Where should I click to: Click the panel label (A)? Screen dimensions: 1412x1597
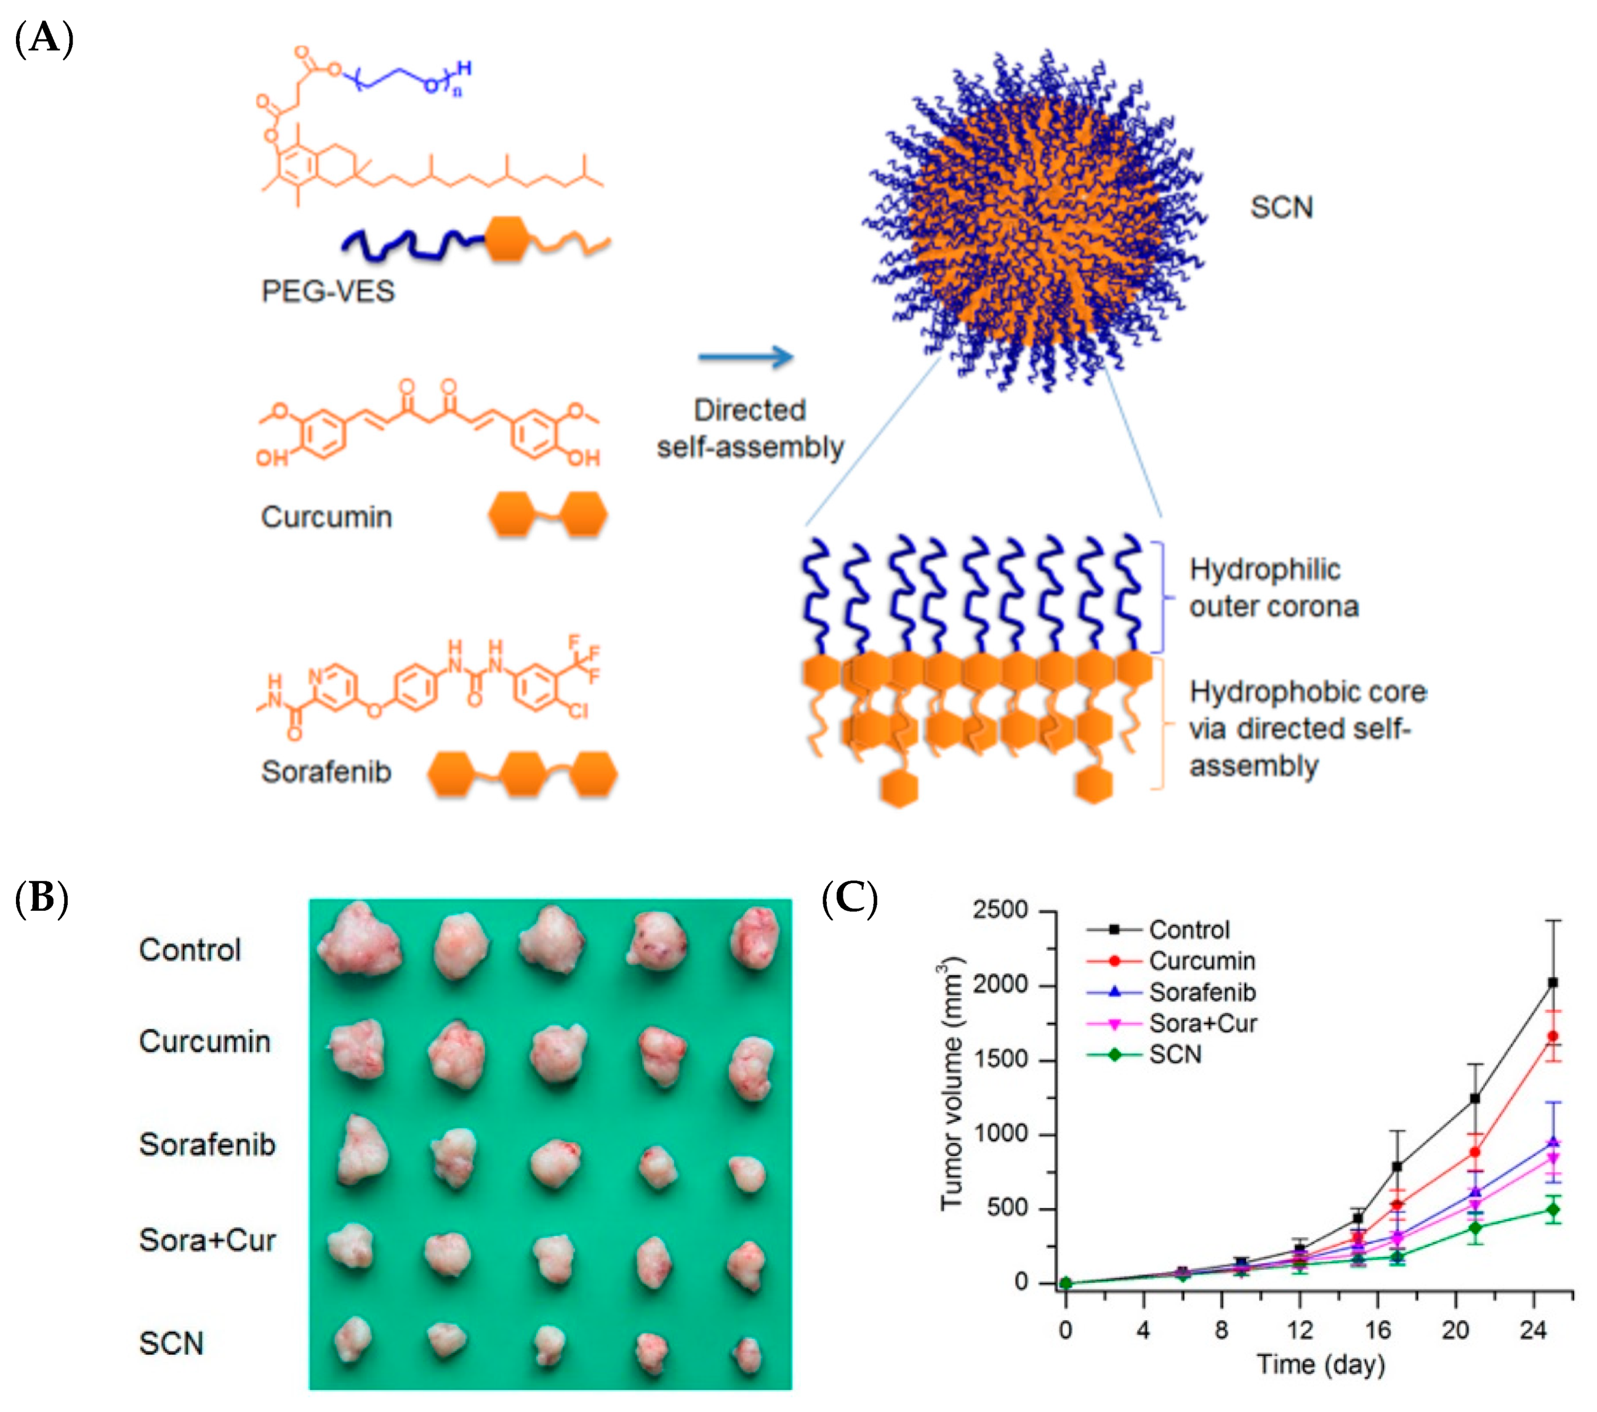44,38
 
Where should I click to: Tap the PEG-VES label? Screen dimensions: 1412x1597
328,291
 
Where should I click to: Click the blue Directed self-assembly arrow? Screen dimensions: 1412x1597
746,357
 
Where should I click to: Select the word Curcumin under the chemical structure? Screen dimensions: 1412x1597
326,517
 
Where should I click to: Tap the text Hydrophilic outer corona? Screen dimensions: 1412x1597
1274,587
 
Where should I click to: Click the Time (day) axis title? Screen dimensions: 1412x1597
1321,1365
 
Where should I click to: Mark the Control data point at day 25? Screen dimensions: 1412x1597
1553,983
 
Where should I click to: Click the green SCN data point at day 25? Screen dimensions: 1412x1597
1553,1209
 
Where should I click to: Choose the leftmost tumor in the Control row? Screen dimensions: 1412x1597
359,940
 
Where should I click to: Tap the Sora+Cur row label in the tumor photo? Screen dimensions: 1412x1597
207,1241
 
